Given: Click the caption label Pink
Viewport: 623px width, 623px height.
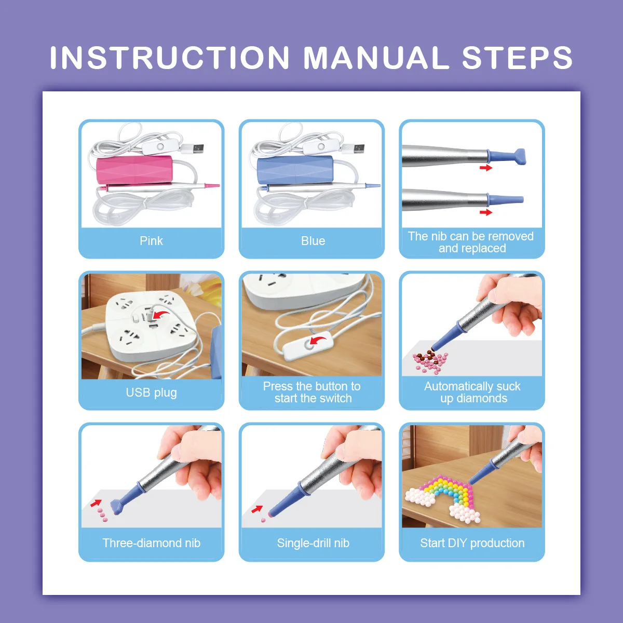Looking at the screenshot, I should click(x=151, y=241).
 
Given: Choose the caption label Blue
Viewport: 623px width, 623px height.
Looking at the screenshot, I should click(x=313, y=241).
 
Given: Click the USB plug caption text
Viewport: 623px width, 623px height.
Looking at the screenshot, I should click(x=151, y=392).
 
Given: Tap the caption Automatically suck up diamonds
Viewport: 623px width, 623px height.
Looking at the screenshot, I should click(x=472, y=392).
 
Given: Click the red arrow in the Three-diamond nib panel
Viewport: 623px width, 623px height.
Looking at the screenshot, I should click(x=96, y=503).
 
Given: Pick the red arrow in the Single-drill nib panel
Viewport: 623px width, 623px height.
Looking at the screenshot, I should click(x=257, y=509).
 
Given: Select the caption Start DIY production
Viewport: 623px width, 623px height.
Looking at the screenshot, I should click(x=472, y=543).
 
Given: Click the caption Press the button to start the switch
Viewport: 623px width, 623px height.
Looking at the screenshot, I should click(x=312, y=392).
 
